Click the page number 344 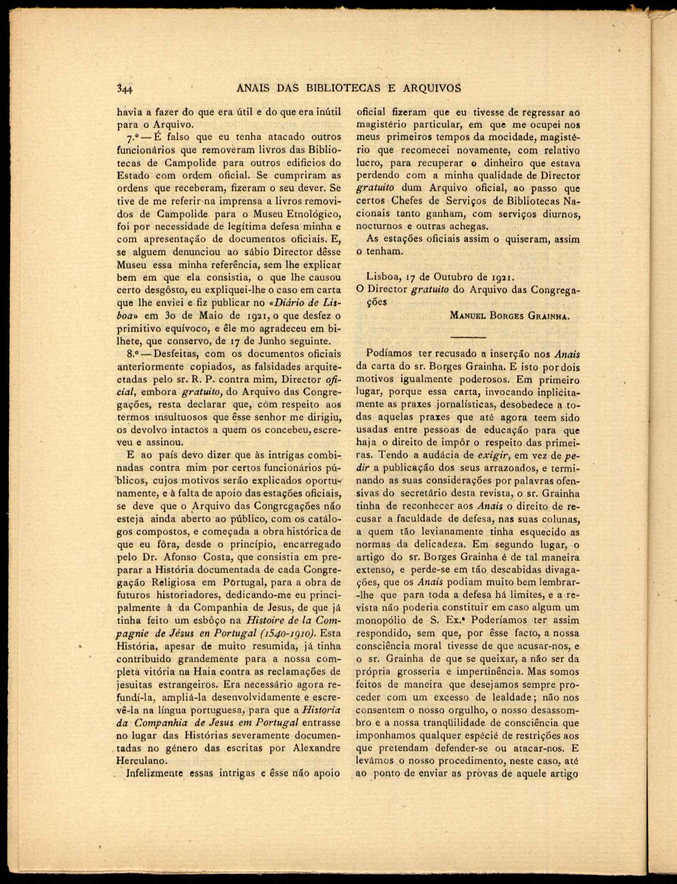(x=125, y=89)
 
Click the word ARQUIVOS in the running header (x=432, y=88)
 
